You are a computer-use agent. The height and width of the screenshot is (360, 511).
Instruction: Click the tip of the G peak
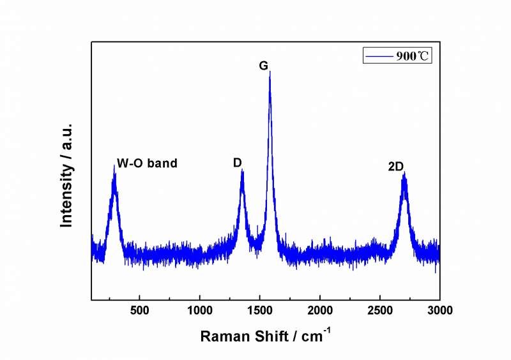(x=270, y=71)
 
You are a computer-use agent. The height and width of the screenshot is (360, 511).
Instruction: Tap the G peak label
(x=263, y=65)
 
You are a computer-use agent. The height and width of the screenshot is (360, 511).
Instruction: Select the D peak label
(x=237, y=163)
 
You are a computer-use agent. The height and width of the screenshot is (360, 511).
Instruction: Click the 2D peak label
(x=395, y=167)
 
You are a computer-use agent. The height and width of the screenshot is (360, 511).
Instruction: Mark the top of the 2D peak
(x=404, y=173)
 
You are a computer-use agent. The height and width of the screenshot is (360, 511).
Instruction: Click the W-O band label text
(x=147, y=163)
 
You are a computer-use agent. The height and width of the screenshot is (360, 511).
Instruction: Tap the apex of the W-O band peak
(x=114, y=166)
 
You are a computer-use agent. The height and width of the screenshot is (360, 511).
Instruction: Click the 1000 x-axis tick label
(x=199, y=311)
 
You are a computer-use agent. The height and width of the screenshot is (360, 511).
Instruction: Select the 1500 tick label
(x=259, y=311)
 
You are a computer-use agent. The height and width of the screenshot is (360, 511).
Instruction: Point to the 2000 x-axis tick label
(x=319, y=311)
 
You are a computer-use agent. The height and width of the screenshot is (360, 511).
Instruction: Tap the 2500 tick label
(x=379, y=311)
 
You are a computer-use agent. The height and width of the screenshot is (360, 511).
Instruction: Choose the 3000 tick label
(x=439, y=311)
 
